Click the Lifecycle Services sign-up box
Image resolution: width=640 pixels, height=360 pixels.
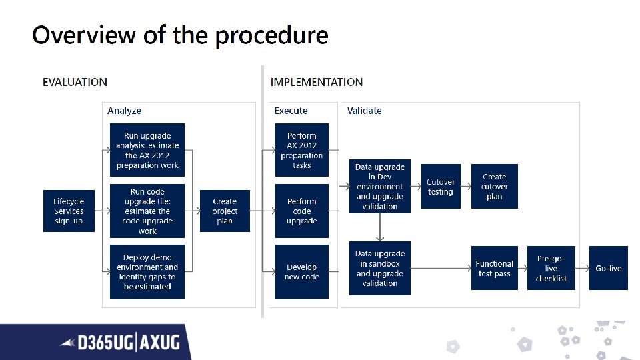(69, 211)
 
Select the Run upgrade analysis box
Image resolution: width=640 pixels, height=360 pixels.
(147, 150)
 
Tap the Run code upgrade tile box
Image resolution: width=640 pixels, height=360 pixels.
(147, 211)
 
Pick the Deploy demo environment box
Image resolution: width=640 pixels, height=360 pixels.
(147, 272)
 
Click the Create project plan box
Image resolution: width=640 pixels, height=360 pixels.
(225, 211)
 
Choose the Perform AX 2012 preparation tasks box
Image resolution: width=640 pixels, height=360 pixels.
(302, 150)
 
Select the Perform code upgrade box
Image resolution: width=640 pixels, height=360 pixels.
(302, 211)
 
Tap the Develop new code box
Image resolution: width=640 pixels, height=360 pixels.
(302, 272)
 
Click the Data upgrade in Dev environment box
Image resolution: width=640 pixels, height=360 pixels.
(380, 187)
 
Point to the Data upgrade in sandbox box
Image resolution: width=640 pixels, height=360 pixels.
(380, 269)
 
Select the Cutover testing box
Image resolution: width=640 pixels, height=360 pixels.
(441, 187)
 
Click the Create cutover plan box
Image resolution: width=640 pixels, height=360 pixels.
(495, 187)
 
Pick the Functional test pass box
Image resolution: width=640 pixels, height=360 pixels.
(495, 269)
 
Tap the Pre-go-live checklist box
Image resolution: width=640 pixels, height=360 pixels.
(551, 269)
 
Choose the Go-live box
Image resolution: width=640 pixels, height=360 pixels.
(609, 269)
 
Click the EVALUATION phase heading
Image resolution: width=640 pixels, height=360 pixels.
(75, 83)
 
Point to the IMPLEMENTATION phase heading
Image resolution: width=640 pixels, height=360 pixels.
(317, 83)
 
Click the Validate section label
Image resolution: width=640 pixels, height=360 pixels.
(365, 111)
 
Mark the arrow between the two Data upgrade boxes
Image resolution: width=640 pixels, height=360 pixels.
(380, 227)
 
